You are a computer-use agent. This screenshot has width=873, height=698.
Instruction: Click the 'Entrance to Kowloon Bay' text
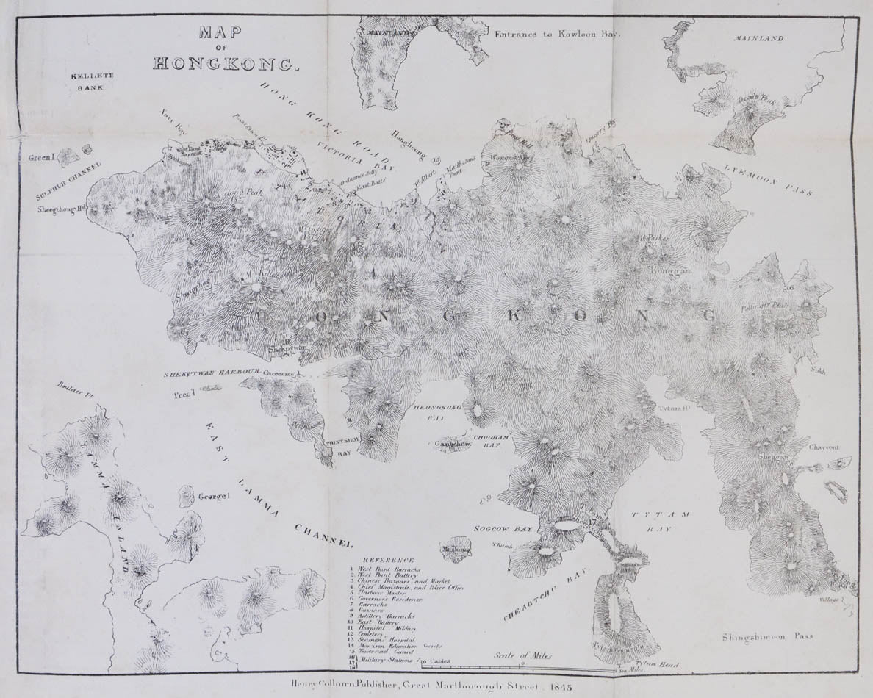point(558,34)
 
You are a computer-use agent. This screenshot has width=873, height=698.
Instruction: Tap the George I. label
point(214,497)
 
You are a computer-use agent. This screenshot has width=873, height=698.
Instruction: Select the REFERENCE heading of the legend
point(389,560)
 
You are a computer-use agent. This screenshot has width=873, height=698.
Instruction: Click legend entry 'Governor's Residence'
point(390,600)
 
